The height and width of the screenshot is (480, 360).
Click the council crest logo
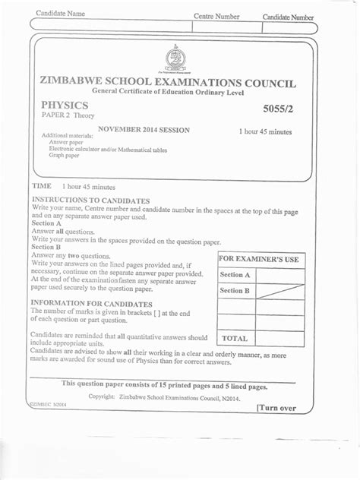coord(175,58)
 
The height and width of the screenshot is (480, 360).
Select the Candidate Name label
coord(60,14)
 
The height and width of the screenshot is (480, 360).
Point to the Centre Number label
coord(216,16)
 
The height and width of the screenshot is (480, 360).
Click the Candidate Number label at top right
coord(288,17)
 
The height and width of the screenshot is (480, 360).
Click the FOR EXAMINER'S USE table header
coord(261,260)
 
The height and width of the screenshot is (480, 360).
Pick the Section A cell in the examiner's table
coord(235,275)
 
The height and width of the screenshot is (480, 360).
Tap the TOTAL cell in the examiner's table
coord(235,338)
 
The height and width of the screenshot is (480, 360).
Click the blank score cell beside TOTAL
coord(280,338)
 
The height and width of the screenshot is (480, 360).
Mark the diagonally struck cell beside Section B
coord(280,291)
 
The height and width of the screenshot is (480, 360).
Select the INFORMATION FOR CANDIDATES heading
coord(86,304)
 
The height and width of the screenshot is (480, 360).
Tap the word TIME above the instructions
coord(41,186)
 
